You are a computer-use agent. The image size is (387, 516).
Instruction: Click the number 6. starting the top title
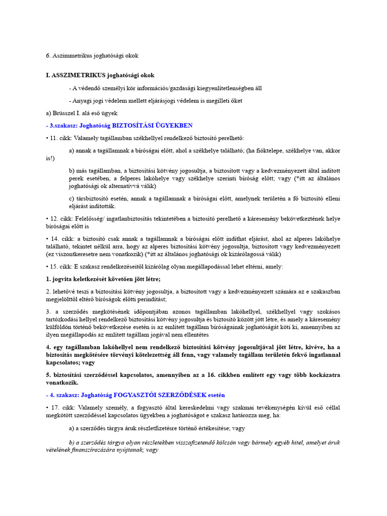point(48,55)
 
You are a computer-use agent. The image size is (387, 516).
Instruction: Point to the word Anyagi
point(83,101)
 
